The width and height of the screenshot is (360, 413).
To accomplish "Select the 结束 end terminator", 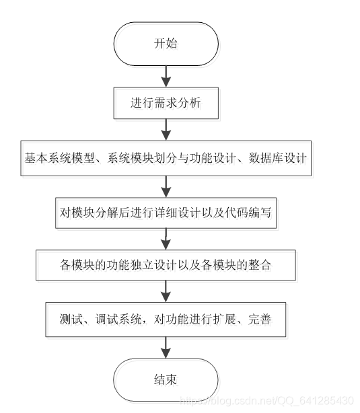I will click(165, 379).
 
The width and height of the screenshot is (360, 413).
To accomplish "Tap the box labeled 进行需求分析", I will click(165, 104).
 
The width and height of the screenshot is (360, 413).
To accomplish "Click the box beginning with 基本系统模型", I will click(165, 158).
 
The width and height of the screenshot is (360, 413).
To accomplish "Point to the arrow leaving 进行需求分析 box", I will click(165, 130).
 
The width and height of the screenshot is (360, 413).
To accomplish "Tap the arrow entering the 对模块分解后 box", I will click(165, 185).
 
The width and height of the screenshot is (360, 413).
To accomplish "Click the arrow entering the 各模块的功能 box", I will click(165, 238).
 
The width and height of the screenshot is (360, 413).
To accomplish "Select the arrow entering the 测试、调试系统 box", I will click(165, 291).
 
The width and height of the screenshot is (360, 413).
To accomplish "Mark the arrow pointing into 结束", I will click(165, 346).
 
